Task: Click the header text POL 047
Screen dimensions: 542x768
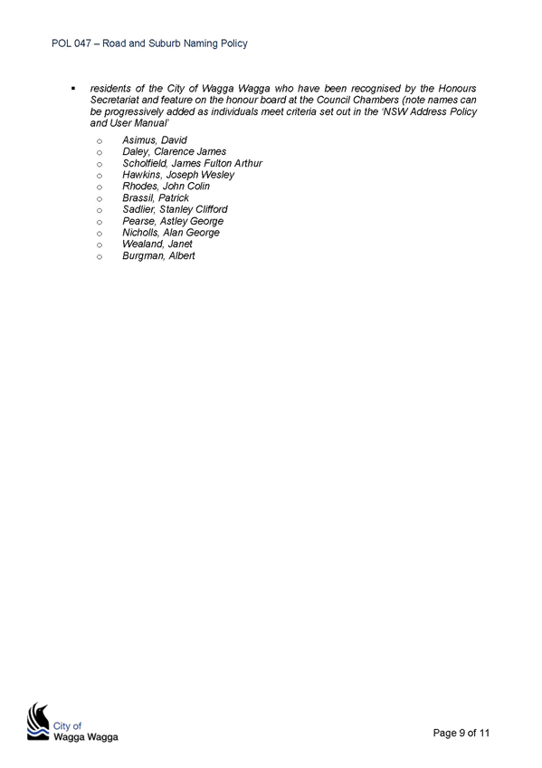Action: pyautogui.click(x=71, y=43)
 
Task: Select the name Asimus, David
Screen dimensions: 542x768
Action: pyautogui.click(x=155, y=140)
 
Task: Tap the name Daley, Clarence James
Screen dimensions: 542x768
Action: pyautogui.click(x=174, y=152)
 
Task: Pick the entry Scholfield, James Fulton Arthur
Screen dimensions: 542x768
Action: pyautogui.click(x=192, y=163)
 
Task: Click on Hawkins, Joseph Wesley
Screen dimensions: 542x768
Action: pyautogui.click(x=178, y=175)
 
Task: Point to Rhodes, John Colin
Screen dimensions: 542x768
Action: pyautogui.click(x=166, y=187)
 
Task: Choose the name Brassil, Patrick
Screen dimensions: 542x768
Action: pyautogui.click(x=156, y=197)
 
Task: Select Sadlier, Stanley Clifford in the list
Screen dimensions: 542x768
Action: pyautogui.click(x=176, y=209)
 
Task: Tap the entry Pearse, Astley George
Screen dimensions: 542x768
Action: pyautogui.click(x=173, y=221)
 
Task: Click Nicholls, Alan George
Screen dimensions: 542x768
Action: pyautogui.click(x=171, y=233)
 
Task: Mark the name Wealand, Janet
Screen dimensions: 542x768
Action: pyautogui.click(x=157, y=244)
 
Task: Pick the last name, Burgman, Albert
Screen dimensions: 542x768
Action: pyautogui.click(x=158, y=255)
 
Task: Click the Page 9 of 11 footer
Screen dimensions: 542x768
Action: pyautogui.click(x=461, y=733)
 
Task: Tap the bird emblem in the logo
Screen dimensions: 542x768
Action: pyautogui.click(x=38, y=721)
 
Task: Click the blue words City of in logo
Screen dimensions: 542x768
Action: pyautogui.click(x=67, y=725)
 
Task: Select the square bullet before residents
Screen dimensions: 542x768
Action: pyautogui.click(x=73, y=89)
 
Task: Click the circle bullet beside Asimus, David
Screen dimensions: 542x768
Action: pyautogui.click(x=100, y=141)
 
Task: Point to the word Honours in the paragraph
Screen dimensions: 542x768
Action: pyautogui.click(x=457, y=89)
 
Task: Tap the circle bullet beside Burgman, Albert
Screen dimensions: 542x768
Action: pyautogui.click(x=100, y=256)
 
